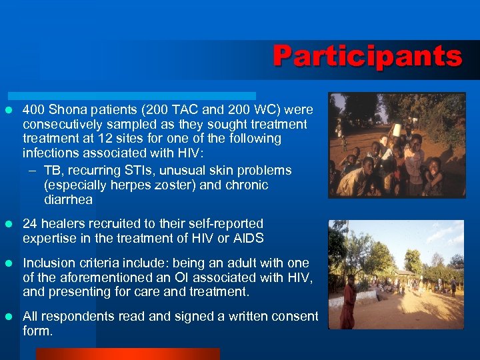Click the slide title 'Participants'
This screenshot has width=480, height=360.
click(367, 56)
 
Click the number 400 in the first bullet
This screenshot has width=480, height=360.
click(33, 109)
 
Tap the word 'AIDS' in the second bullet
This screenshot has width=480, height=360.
click(249, 239)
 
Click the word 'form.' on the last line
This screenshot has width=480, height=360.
click(37, 331)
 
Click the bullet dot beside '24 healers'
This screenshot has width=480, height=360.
click(9, 224)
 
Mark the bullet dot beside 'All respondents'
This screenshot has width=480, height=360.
click(9, 317)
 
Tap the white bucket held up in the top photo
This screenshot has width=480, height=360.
click(397, 129)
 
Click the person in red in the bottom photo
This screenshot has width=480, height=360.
click(348, 303)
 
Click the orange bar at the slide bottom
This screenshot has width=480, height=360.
click(127, 354)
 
